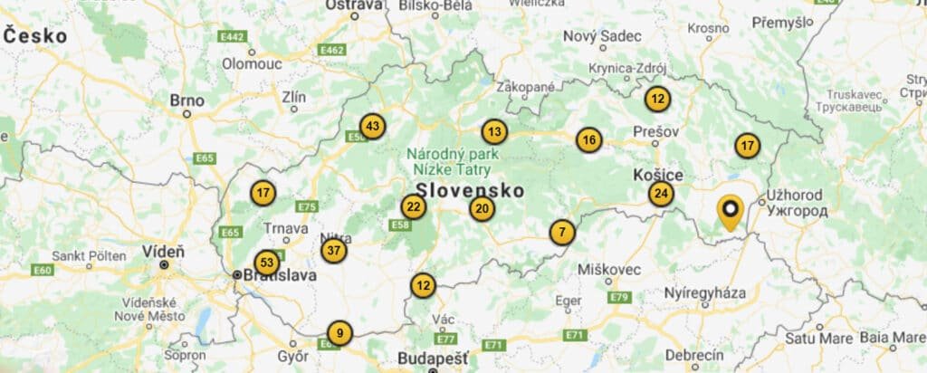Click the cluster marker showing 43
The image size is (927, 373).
pyautogui.click(x=372, y=126)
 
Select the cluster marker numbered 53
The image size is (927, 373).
pyautogui.click(x=266, y=263)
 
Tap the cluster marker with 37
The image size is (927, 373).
pyautogui.click(x=334, y=250)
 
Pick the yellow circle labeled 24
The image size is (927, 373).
pyautogui.click(x=661, y=193)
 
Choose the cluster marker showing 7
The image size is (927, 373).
pyautogui.click(x=562, y=233)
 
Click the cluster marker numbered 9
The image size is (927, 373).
pyautogui.click(x=339, y=333)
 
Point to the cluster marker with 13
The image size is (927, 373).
pyautogui.click(x=493, y=132)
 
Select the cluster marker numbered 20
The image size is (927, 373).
pyautogui.click(x=482, y=209)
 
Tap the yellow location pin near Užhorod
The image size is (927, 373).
pyautogui.click(x=729, y=212)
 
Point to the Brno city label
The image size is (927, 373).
pyautogui.click(x=186, y=100)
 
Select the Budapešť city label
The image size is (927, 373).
pyautogui.click(x=433, y=359)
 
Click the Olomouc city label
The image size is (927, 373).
pyautogui.click(x=253, y=63)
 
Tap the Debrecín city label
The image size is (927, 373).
pyautogui.click(x=693, y=354)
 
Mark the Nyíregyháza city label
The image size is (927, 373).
pyautogui.click(x=705, y=294)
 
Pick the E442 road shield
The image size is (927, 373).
pyautogui.click(x=233, y=36)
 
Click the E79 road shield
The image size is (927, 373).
pyautogui.click(x=619, y=297)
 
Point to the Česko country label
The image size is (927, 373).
pyautogui.click(x=35, y=36)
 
